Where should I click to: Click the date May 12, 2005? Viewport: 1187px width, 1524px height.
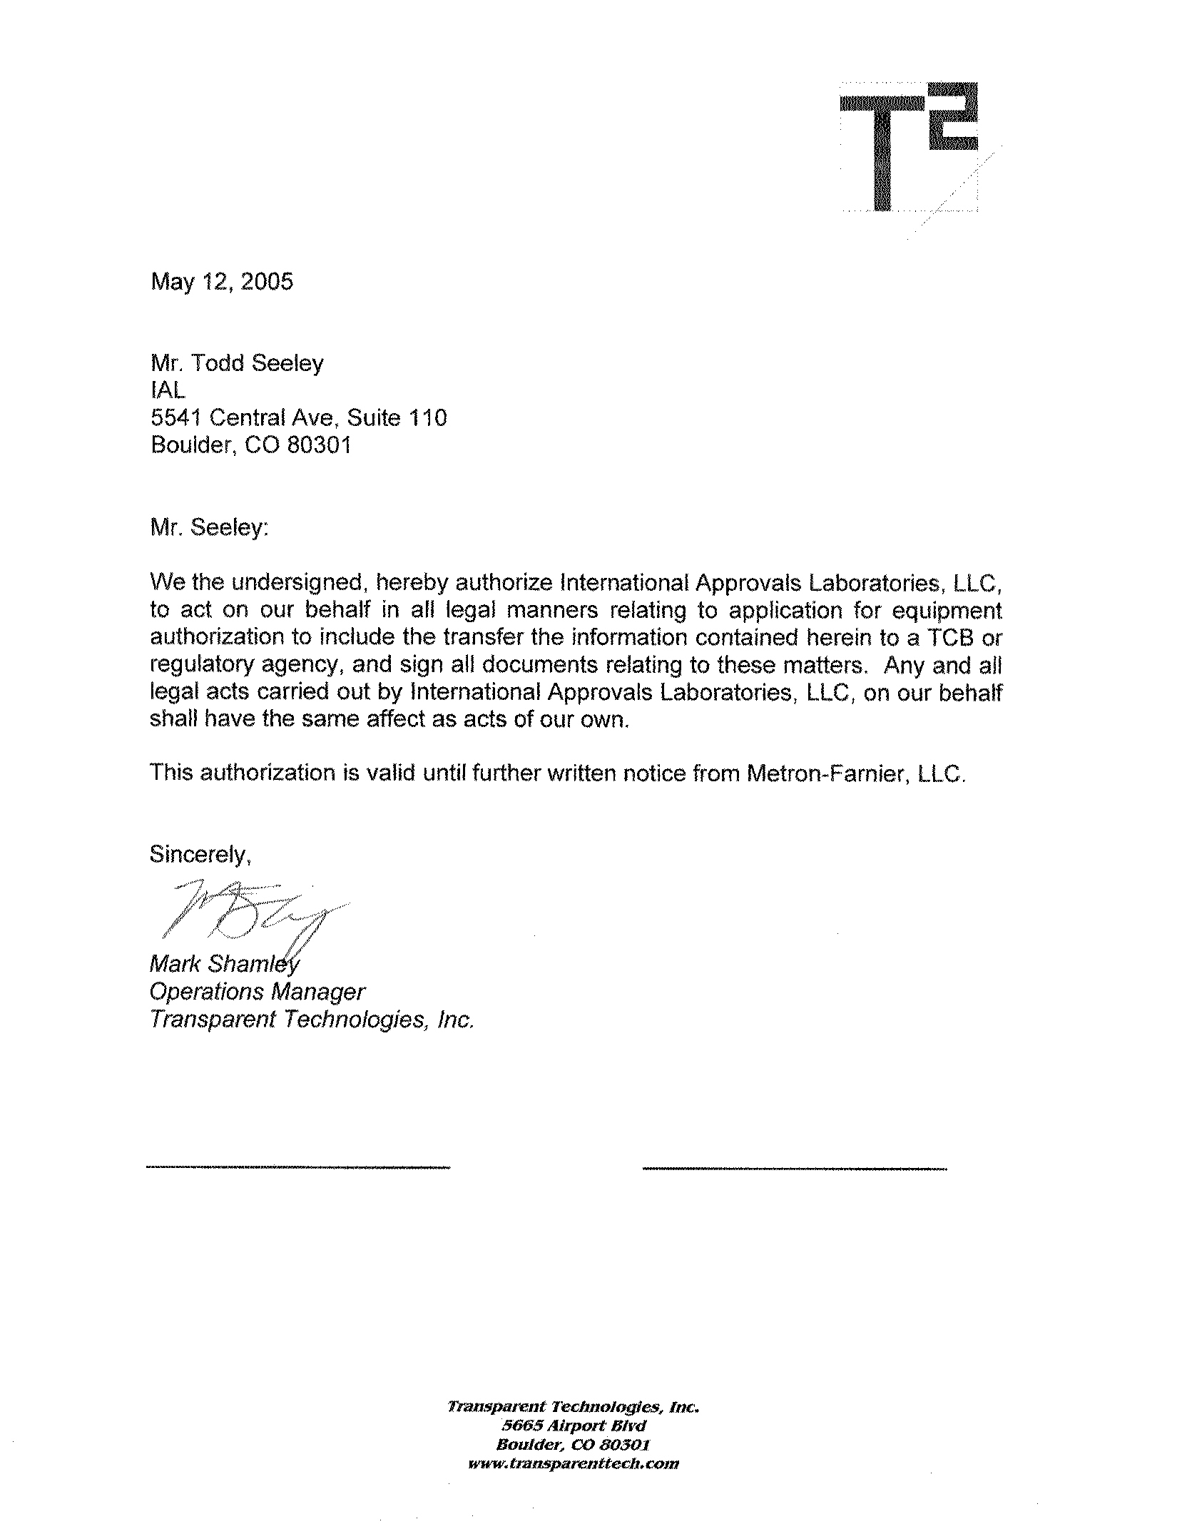click(221, 282)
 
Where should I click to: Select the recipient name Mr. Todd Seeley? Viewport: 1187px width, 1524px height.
click(237, 363)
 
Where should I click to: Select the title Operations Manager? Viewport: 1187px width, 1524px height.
click(257, 992)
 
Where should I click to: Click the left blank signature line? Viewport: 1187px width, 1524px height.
click(297, 1167)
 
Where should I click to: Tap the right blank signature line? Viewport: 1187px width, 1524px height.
click(794, 1168)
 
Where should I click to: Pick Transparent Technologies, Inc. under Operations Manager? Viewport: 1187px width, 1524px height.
click(311, 1020)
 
